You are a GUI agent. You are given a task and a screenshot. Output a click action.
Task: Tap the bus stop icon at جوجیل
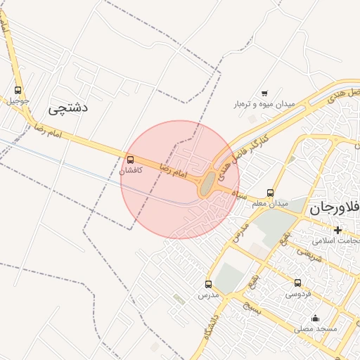click(18, 90)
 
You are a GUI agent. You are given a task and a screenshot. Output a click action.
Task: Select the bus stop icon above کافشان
click(130, 160)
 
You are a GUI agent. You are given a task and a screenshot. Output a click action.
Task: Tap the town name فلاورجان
click(334, 208)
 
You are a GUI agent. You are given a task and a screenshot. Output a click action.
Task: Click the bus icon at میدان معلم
click(271, 193)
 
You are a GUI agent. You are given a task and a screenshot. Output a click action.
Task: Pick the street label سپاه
click(241, 195)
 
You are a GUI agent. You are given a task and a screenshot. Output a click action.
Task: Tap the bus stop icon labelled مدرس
click(208, 285)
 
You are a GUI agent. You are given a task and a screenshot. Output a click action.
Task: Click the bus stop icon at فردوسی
click(298, 283)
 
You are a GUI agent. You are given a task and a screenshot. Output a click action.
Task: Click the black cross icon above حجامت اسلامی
click(338, 230)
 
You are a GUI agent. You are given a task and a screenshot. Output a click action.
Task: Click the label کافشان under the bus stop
click(131, 170)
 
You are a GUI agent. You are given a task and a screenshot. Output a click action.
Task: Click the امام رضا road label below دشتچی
click(48, 130)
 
